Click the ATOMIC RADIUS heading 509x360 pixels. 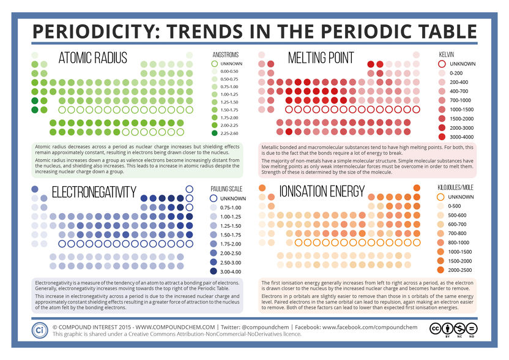click(92, 58)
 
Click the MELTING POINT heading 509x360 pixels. click(321, 58)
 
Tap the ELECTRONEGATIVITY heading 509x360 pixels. click(94, 193)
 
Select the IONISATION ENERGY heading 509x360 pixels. click(330, 193)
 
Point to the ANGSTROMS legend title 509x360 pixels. click(225, 53)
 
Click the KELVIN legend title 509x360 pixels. click(447, 54)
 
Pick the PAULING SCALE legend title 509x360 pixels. click(227, 189)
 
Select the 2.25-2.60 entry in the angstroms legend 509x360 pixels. click(232, 132)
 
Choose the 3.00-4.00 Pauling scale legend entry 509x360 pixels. click(232, 271)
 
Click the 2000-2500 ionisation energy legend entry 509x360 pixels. click(462, 270)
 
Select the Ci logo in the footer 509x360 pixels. click(40, 328)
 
